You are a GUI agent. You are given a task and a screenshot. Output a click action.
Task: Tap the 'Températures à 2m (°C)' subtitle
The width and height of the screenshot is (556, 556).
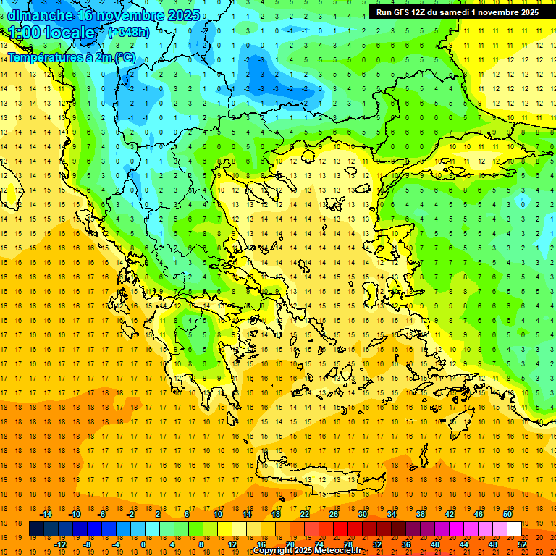point(71,57)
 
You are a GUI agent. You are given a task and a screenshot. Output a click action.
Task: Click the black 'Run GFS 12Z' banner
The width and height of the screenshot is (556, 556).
point(457,12)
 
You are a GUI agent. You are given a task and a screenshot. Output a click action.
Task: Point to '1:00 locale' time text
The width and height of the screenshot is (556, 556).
point(52,33)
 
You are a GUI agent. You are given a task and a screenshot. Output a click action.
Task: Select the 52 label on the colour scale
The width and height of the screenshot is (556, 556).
point(522,544)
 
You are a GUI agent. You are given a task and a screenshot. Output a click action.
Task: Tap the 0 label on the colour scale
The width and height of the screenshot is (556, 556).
point(143,544)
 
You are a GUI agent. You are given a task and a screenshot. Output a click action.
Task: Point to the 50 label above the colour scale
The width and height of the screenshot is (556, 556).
point(507,514)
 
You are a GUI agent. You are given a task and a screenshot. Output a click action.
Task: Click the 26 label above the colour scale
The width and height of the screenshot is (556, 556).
point(334,514)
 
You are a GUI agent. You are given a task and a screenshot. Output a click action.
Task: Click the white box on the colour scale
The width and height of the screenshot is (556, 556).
point(514,528)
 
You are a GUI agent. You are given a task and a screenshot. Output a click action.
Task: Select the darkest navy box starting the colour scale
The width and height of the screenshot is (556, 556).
point(36,528)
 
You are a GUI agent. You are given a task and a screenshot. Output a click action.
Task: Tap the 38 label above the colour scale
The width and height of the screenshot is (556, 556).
point(421,514)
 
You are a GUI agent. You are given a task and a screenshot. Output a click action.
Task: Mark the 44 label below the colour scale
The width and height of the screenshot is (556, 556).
point(464,544)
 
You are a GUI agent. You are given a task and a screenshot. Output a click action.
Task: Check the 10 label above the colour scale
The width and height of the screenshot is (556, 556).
point(218,514)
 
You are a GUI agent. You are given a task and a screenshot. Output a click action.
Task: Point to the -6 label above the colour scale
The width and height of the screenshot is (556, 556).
point(103,514)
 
